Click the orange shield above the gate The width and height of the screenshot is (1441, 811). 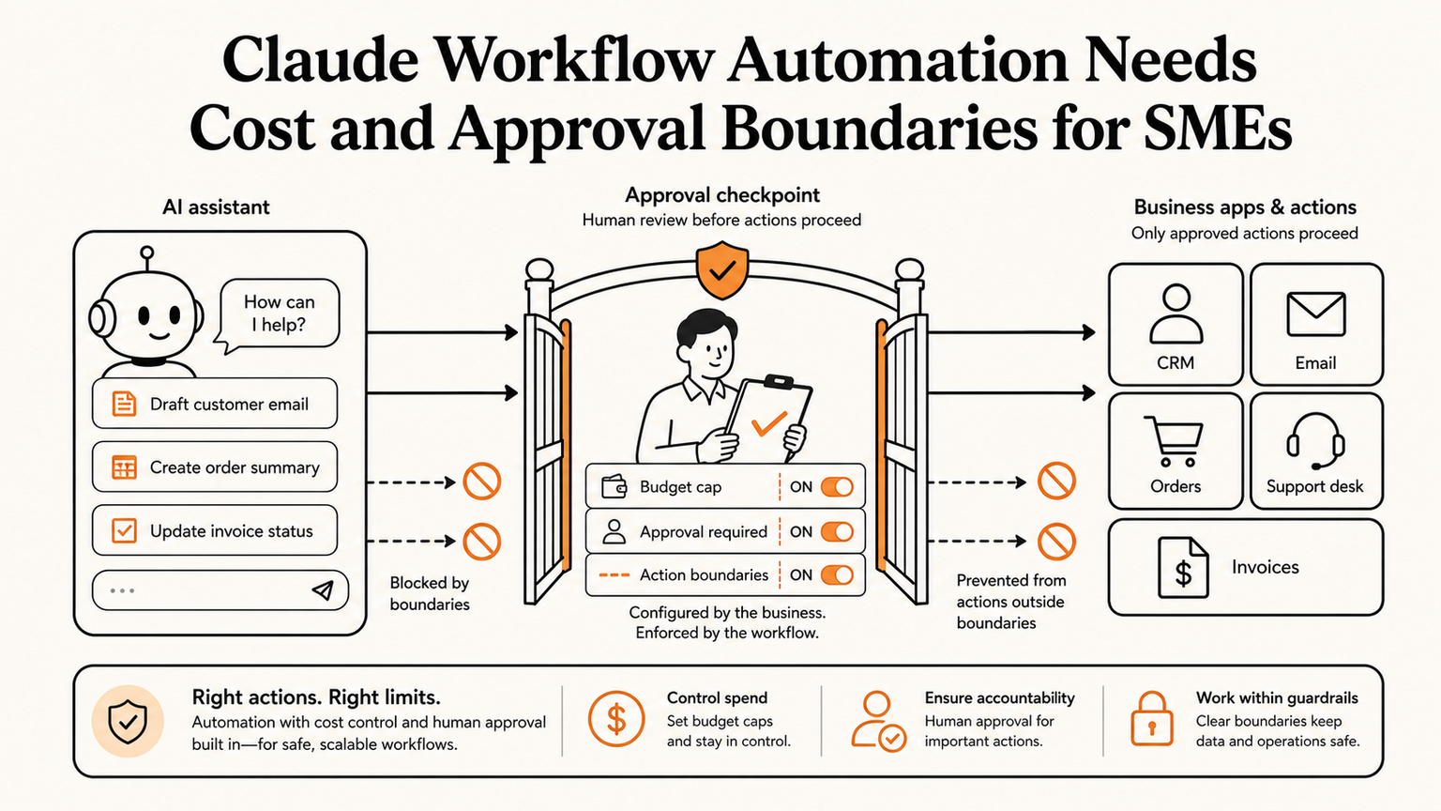pyautogui.click(x=721, y=270)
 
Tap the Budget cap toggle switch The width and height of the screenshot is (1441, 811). pyautogui.click(x=837, y=487)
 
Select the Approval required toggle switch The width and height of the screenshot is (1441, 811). pyautogui.click(x=837, y=531)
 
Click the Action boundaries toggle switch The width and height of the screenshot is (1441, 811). pyautogui.click(x=837, y=574)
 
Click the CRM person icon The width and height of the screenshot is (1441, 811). pyautogui.click(x=1176, y=314)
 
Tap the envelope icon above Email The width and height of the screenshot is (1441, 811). pyautogui.click(x=1315, y=314)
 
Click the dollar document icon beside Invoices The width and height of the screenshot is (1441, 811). pyautogui.click(x=1183, y=568)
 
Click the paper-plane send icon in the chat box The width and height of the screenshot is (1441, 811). pyautogui.click(x=323, y=589)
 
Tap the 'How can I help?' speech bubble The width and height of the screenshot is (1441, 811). pyautogui.click(x=280, y=314)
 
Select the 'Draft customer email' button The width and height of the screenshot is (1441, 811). pyautogui.click(x=215, y=404)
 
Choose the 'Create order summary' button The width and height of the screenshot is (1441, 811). pyautogui.click(x=215, y=467)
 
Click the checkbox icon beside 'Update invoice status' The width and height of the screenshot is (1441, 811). pyautogui.click(x=124, y=531)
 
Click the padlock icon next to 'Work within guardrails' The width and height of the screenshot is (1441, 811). pyautogui.click(x=1151, y=719)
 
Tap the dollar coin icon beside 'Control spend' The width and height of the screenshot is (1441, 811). pyautogui.click(x=616, y=719)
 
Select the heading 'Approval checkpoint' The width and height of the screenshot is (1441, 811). pyautogui.click(x=722, y=195)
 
